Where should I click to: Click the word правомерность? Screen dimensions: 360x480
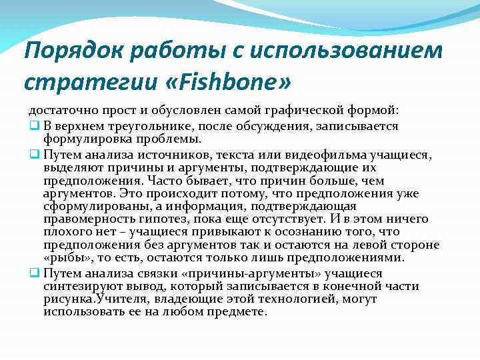coord(86,219)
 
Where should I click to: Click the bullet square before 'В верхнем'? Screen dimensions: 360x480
coord(33,126)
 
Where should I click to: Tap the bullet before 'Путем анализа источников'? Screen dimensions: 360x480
coord(33,155)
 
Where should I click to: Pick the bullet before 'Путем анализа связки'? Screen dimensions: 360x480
coord(33,273)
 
